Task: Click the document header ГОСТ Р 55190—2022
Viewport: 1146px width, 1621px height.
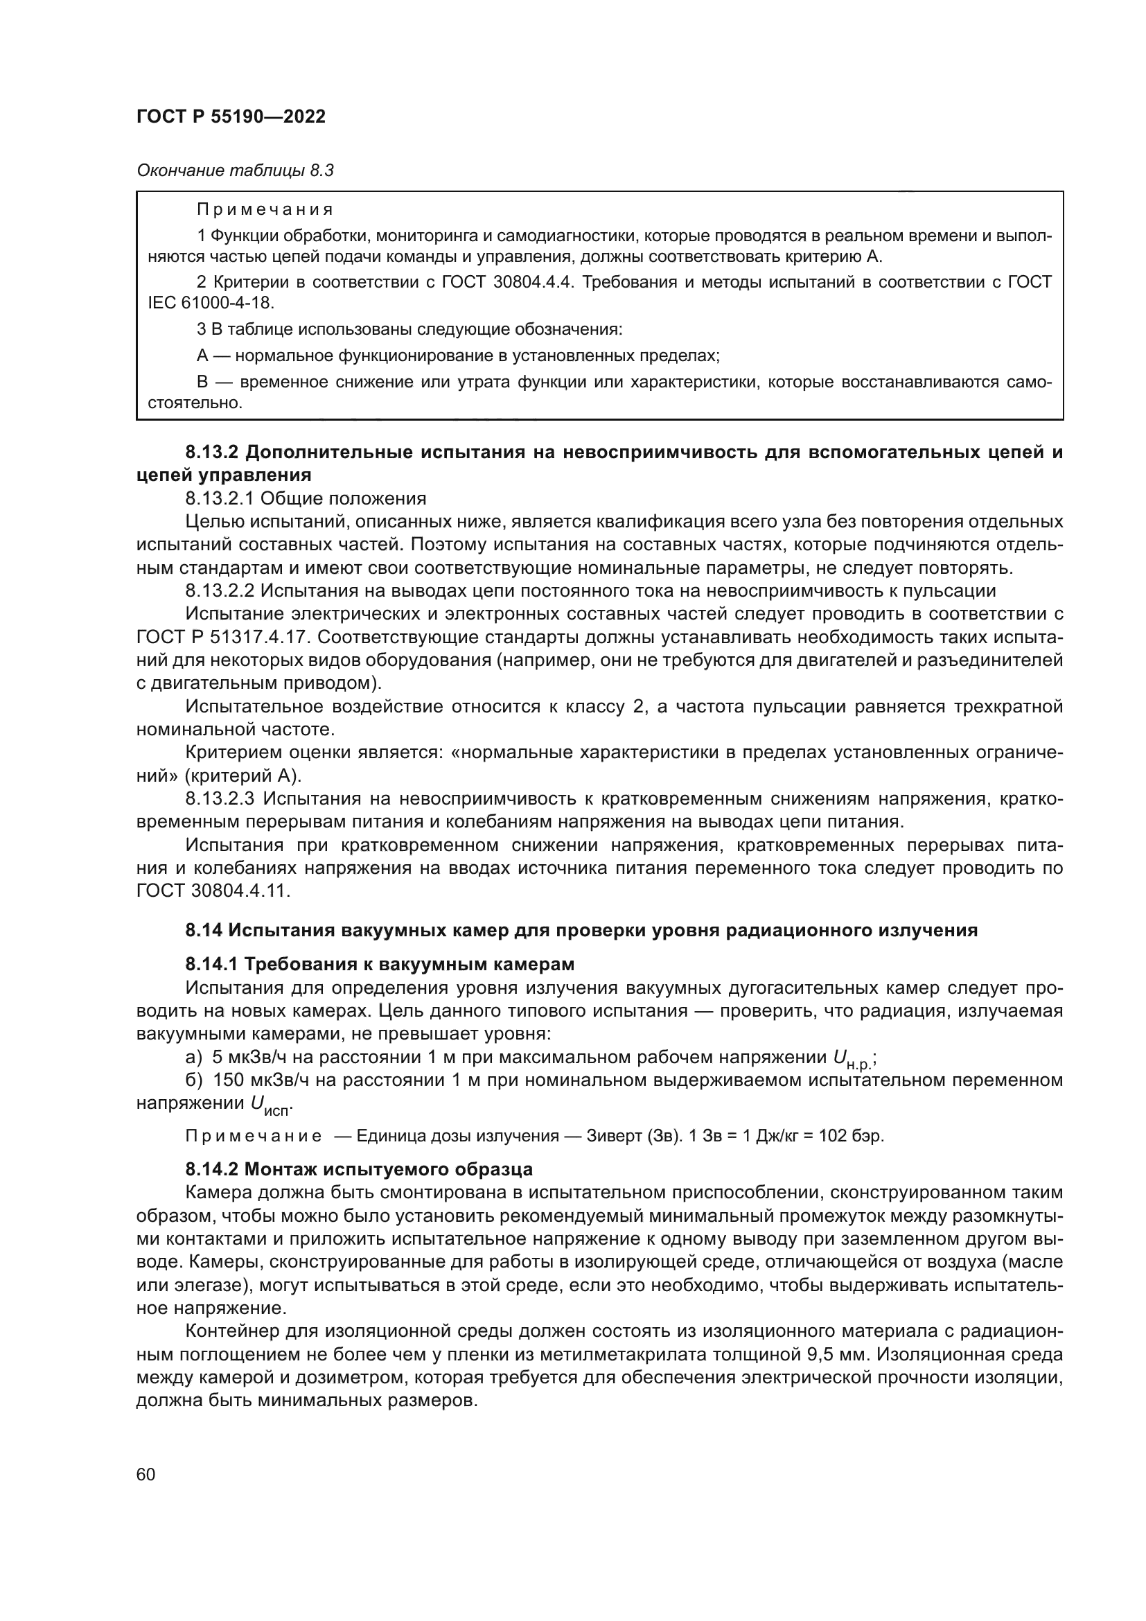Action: (x=231, y=117)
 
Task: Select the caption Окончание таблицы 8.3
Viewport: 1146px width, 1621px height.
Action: (x=234, y=170)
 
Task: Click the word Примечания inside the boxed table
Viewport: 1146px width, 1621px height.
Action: (x=265, y=210)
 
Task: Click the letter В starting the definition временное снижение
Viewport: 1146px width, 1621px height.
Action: (x=202, y=383)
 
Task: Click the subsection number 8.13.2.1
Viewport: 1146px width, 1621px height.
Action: (x=220, y=499)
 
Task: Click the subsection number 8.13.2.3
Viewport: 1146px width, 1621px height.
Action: (x=220, y=798)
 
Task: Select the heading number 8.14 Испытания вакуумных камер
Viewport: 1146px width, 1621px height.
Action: (x=204, y=931)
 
